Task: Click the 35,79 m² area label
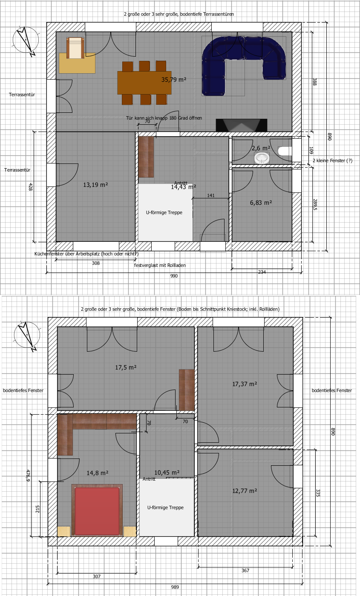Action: coord(174,80)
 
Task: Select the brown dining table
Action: coord(144,83)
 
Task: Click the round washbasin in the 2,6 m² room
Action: coord(262,158)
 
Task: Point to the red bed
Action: coord(97,511)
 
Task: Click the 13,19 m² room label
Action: coord(95,185)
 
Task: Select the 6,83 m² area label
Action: coord(261,203)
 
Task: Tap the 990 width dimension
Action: coord(174,276)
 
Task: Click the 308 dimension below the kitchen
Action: coord(96,263)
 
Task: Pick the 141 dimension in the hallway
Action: coord(211,195)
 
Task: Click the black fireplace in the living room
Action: coord(242,125)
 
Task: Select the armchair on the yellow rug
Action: coord(76,48)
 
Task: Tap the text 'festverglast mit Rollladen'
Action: coord(160,265)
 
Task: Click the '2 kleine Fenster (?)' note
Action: coord(333,161)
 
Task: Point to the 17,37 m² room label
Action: coord(245,384)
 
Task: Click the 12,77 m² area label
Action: coord(245,491)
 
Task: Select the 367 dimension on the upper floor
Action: coord(245,570)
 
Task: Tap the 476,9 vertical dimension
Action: coord(28,476)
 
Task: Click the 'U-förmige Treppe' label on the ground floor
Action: coord(164,212)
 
